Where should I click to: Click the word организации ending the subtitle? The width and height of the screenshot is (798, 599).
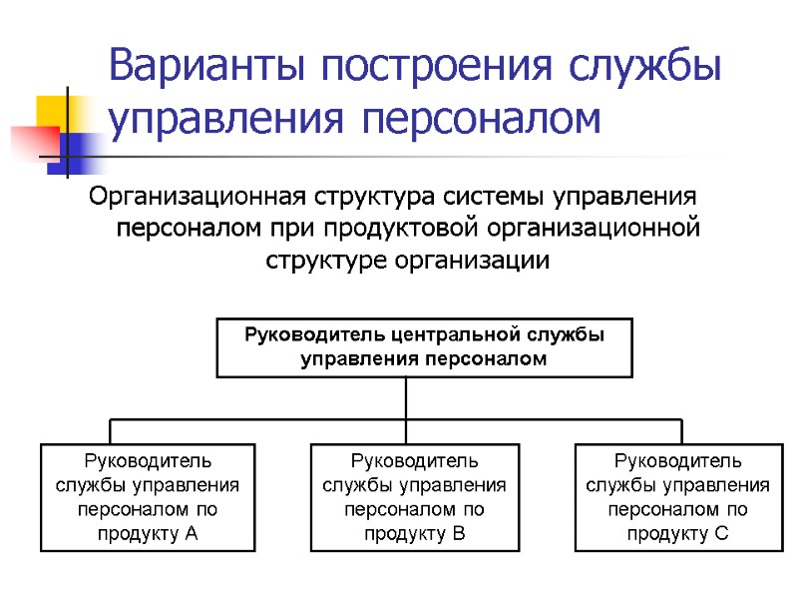pyautogui.click(x=473, y=261)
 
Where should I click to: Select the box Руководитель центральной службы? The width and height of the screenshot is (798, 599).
pyautogui.click(x=424, y=346)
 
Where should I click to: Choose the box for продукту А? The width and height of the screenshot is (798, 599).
pyautogui.click(x=147, y=497)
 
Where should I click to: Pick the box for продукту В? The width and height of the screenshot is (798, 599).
pyautogui.click(x=414, y=497)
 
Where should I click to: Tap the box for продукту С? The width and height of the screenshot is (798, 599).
pyautogui.click(x=677, y=497)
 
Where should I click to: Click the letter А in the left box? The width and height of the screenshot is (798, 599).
pyautogui.click(x=192, y=533)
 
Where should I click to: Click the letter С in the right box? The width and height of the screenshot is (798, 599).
pyautogui.click(x=722, y=533)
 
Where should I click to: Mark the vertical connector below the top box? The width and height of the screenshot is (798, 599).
pyautogui.click(x=407, y=397)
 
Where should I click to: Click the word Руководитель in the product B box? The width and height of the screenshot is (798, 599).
pyautogui.click(x=414, y=461)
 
